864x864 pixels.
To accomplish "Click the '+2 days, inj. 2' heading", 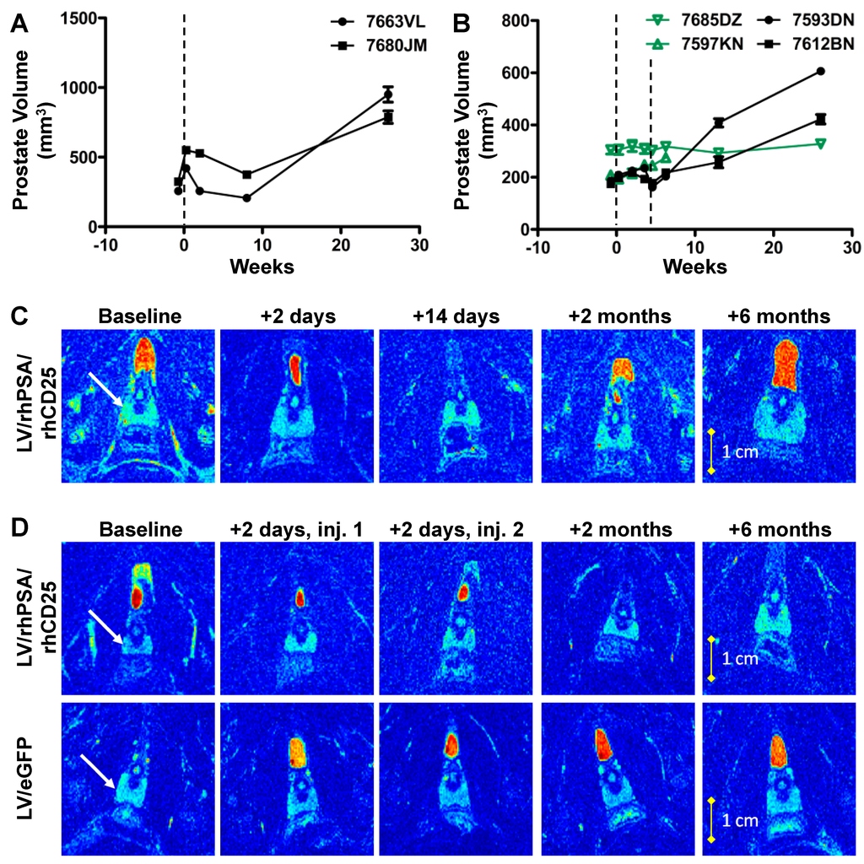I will coord(456,531).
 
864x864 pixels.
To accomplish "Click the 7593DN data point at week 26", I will coord(820,72).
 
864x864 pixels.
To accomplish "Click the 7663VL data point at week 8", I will coord(246,198).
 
